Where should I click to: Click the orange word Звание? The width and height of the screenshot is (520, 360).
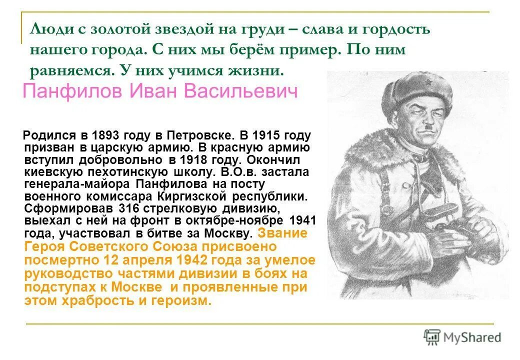pyautogui.click(x=282, y=233)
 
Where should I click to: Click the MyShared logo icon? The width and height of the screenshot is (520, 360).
pyautogui.click(x=431, y=336)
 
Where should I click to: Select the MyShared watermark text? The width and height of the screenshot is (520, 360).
pyautogui.click(x=472, y=337)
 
